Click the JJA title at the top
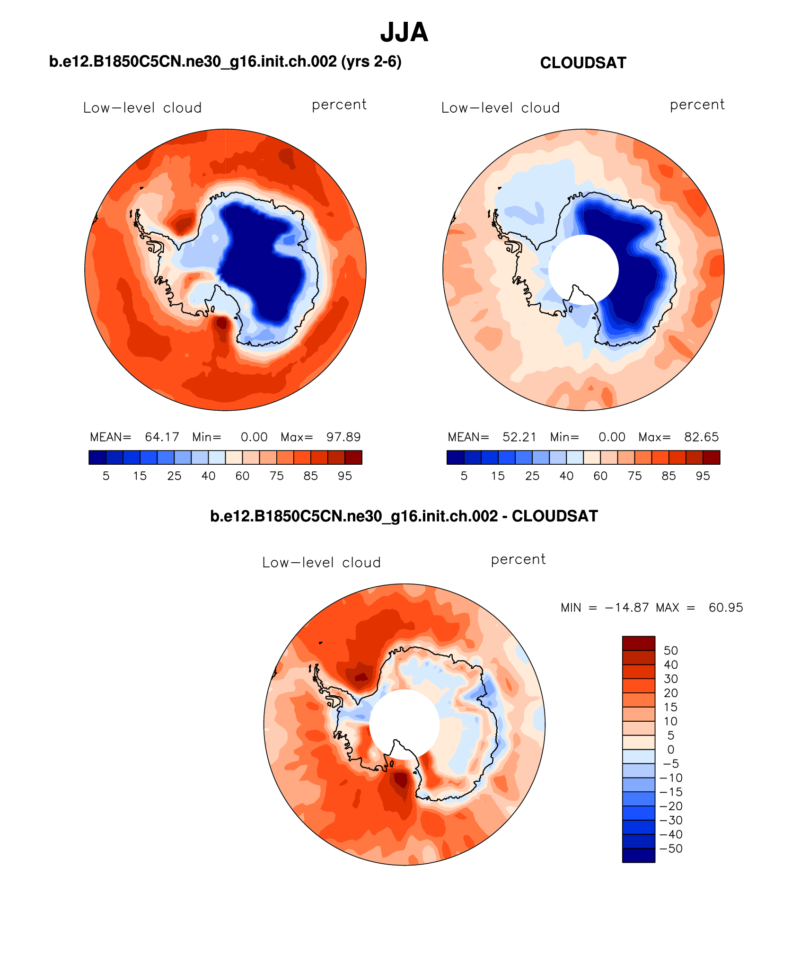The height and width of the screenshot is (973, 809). click(404, 33)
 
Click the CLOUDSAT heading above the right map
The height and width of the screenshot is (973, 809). click(583, 63)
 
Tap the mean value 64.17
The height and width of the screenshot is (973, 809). click(162, 437)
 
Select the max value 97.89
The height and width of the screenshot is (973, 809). click(343, 437)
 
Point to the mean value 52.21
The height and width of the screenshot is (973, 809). click(519, 437)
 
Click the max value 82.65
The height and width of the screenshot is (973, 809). click(701, 437)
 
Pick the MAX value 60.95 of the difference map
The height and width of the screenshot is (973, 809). click(726, 608)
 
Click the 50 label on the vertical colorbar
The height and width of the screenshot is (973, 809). click(671, 651)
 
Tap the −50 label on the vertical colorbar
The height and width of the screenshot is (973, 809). click(671, 849)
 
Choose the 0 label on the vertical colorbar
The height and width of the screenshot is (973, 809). click(671, 750)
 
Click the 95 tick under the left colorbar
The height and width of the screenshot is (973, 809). click(345, 476)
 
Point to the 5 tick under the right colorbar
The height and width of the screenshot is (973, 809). click(464, 476)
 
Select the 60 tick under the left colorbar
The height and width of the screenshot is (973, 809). click(242, 476)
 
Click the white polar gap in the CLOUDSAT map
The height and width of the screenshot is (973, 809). click(583, 270)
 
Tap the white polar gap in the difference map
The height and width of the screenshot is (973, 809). click(404, 725)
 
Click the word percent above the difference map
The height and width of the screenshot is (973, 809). click(518, 560)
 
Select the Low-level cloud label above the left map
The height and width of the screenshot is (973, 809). click(142, 108)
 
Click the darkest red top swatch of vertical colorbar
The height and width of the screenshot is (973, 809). click(639, 644)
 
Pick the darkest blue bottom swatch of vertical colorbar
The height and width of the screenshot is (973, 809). click(639, 856)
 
